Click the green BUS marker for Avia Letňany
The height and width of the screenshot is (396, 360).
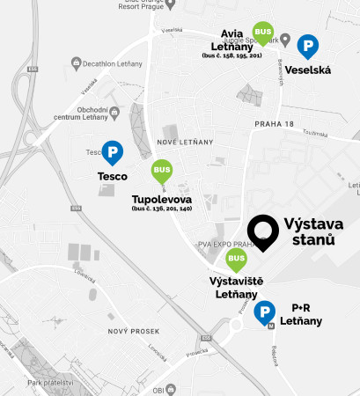(x=262, y=33)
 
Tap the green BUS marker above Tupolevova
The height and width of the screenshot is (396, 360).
(x=160, y=169)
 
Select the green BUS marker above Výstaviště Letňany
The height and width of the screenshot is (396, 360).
(x=235, y=259)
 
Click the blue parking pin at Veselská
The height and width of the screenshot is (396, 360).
(x=308, y=46)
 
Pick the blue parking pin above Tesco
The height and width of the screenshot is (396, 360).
(x=112, y=153)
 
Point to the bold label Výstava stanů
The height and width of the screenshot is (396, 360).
(x=309, y=231)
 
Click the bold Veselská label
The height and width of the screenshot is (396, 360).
(x=308, y=70)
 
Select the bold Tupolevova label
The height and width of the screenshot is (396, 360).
(x=162, y=199)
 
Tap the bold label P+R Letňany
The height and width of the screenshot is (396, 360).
(x=306, y=315)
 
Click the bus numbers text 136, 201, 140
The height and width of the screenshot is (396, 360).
(x=162, y=209)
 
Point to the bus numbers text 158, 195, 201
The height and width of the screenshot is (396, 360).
(x=231, y=55)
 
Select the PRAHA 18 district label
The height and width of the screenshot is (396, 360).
(x=273, y=124)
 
